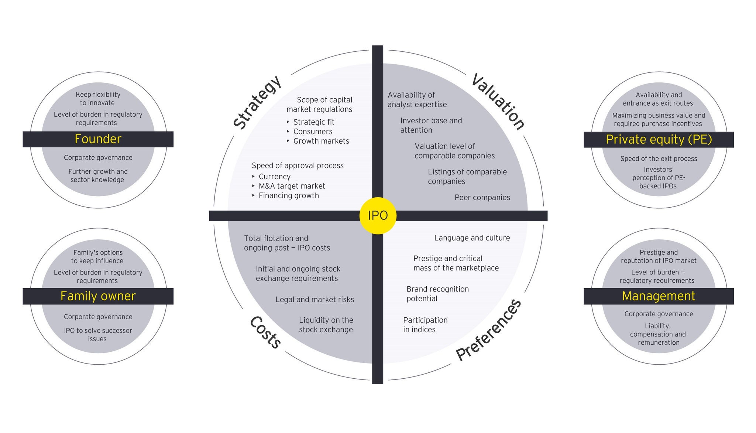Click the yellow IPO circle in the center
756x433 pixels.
[378, 215]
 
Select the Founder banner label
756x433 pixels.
[98, 139]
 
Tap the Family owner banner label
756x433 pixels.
[98, 296]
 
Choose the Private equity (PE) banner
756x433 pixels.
[659, 139]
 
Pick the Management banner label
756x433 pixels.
[659, 296]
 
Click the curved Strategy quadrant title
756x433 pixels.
[258, 103]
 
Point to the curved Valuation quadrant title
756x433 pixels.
[498, 102]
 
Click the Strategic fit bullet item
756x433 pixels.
[314, 122]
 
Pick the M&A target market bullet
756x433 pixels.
[292, 186]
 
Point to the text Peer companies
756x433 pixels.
[482, 198]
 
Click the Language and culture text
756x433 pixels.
[472, 238]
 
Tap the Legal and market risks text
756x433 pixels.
[315, 300]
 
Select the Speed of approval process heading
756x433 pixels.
[298, 166]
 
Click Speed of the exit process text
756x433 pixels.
[659, 159]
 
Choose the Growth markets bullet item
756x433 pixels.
[321, 141]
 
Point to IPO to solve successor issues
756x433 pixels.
[98, 335]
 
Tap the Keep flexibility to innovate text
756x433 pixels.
[98, 99]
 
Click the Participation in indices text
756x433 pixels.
[425, 325]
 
